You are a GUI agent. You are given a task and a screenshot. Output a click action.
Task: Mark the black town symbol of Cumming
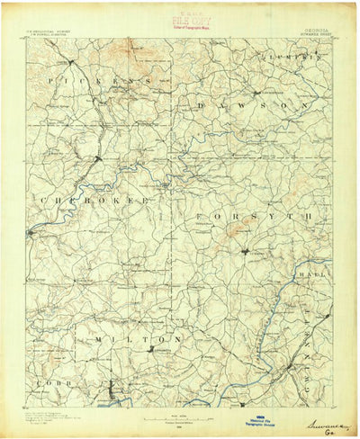(x=244, y=250)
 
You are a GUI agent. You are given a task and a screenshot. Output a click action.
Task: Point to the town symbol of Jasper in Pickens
(x=69, y=61)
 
